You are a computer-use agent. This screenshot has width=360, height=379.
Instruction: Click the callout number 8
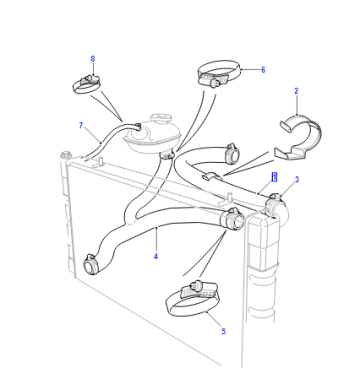tap(93, 59)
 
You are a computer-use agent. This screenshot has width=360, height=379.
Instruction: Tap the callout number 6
tap(263, 70)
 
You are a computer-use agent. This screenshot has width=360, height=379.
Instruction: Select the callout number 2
tap(296, 91)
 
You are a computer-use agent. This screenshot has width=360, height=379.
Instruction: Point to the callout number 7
tap(81, 125)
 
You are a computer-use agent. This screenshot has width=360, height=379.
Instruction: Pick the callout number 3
tap(297, 180)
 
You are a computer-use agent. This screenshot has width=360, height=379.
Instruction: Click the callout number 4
tap(156, 256)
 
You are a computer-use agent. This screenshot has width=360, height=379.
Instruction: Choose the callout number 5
tap(223, 331)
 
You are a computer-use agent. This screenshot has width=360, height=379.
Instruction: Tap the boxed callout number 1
tap(274, 177)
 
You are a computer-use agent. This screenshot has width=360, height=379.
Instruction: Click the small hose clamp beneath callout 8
tap(86, 84)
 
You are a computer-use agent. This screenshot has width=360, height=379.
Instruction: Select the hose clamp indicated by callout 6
tap(218, 73)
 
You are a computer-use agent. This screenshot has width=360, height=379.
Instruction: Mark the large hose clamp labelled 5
tap(193, 300)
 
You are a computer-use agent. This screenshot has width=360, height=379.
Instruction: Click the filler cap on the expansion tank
tap(161, 118)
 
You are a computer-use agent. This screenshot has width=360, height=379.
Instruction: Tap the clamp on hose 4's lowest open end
tap(91, 263)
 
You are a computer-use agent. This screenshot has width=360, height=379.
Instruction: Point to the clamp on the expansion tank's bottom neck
tap(167, 154)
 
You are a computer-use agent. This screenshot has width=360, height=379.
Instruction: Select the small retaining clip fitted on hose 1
tap(210, 176)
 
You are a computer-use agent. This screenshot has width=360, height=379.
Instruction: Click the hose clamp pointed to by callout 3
tap(274, 202)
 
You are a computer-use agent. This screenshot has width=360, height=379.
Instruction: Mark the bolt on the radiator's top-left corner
tap(66, 155)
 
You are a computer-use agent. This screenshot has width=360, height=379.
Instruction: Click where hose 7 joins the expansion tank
tap(137, 126)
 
